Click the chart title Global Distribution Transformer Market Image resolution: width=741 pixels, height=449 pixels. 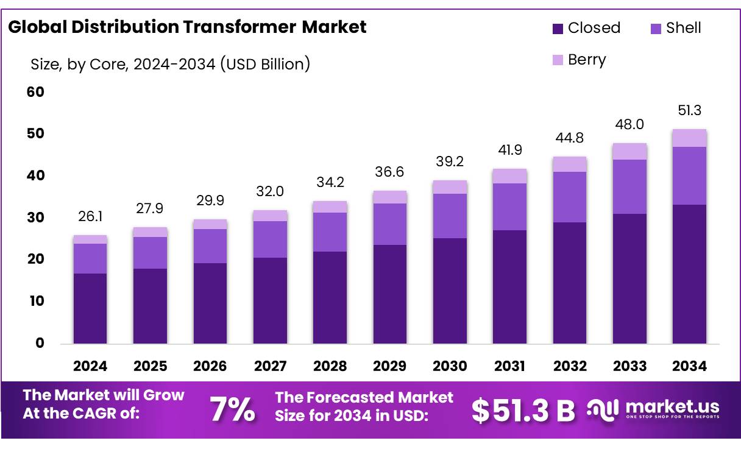187,27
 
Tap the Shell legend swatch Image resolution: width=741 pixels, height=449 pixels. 656,28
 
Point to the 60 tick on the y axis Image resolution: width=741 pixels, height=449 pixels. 36,92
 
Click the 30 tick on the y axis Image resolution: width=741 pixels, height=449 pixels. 36,217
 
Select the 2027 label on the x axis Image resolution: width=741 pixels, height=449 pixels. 270,366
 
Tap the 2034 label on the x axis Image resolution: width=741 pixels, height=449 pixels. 689,366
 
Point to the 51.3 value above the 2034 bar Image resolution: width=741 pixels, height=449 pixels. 689,111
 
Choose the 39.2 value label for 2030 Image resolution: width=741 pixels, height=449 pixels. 450,162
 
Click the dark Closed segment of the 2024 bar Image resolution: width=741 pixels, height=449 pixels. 90,308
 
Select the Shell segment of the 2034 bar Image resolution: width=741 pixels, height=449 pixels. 689,175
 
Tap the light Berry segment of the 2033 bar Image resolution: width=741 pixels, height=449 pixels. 629,151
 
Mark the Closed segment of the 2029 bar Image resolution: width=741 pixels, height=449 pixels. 390,294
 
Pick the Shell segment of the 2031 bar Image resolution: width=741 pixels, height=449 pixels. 509,207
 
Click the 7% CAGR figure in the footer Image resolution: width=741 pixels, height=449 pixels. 232,410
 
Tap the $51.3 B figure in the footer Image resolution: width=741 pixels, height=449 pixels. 523,411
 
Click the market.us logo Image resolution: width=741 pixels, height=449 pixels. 653,409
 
